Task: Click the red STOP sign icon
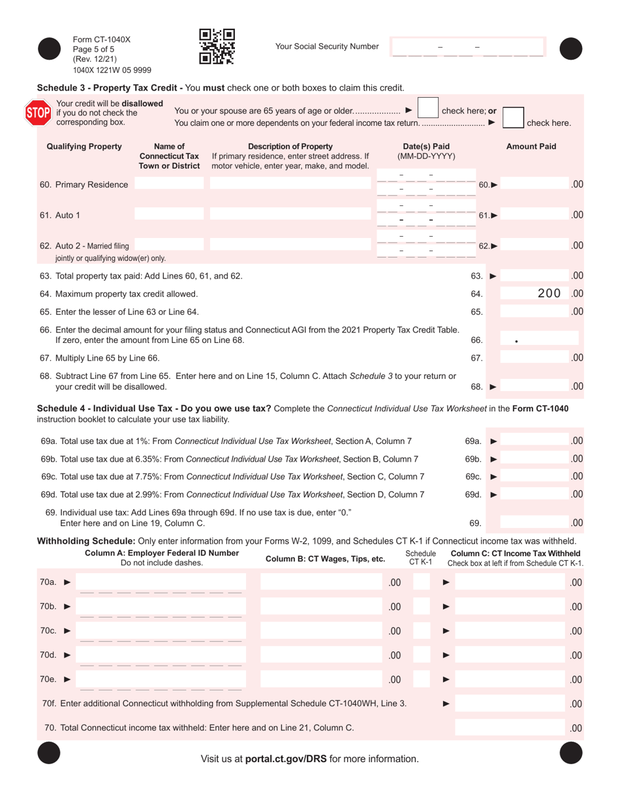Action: point(37,113)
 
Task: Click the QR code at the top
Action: point(216,46)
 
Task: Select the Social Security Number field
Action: point(467,48)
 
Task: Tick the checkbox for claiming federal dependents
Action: point(512,118)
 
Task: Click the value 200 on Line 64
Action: point(548,293)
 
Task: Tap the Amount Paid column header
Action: point(531,147)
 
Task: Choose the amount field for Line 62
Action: point(535,246)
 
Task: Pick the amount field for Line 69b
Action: point(535,459)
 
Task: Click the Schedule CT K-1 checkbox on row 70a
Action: point(422,582)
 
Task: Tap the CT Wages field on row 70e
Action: point(321,679)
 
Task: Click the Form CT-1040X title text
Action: point(102,39)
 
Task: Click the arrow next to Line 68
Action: point(493,387)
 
